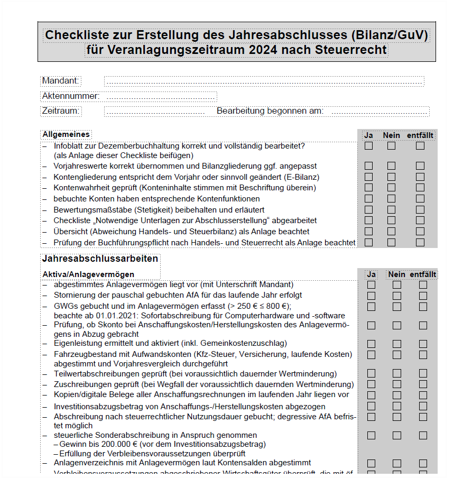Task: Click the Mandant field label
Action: (x=61, y=80)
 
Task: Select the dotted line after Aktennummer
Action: (x=161, y=96)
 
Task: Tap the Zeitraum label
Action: (x=61, y=111)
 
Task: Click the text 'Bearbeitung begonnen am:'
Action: (x=270, y=111)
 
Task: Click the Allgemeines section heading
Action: (x=66, y=135)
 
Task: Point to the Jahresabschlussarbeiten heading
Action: (x=100, y=259)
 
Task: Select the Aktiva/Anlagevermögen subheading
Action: (x=88, y=274)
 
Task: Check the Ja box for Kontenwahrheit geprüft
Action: (x=368, y=188)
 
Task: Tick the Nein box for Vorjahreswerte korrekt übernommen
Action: (x=391, y=166)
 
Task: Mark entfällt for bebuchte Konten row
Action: (x=420, y=199)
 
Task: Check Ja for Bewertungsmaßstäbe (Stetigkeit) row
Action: (x=368, y=209)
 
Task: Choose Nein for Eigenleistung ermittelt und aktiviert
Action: (x=397, y=344)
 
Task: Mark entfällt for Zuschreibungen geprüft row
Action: (x=423, y=384)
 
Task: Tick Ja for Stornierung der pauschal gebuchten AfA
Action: (x=372, y=296)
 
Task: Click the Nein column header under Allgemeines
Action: (x=392, y=135)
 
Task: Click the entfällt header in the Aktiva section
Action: (x=423, y=274)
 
